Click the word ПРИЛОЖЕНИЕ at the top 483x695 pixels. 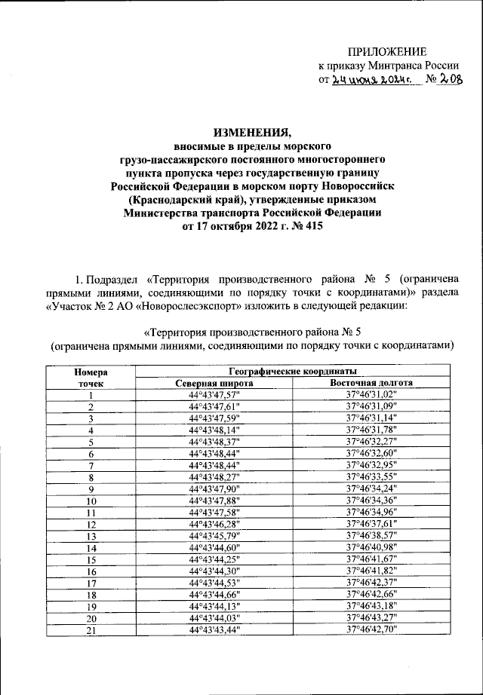(386, 51)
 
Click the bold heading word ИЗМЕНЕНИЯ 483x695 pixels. (253, 130)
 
